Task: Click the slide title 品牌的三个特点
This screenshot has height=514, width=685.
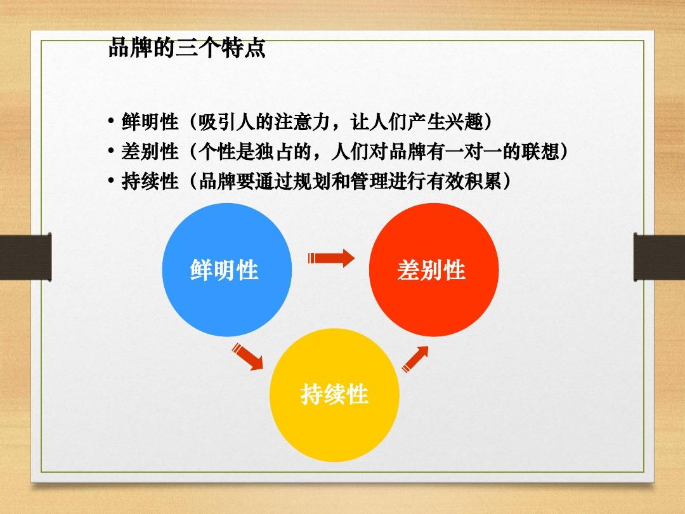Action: tap(186, 49)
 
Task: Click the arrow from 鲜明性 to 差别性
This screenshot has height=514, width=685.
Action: tap(330, 258)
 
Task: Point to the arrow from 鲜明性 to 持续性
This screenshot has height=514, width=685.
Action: tap(247, 357)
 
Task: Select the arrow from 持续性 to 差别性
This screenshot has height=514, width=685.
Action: tap(415, 359)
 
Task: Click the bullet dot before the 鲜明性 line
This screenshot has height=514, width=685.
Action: tap(111, 121)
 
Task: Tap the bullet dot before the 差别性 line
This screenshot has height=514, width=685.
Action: tap(111, 152)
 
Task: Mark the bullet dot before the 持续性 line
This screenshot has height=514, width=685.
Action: tap(111, 182)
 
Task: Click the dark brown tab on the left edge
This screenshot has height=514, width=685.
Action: tap(25, 256)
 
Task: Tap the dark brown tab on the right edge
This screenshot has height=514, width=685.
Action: tap(660, 256)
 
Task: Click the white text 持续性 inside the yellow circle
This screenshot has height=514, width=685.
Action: tap(334, 395)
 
